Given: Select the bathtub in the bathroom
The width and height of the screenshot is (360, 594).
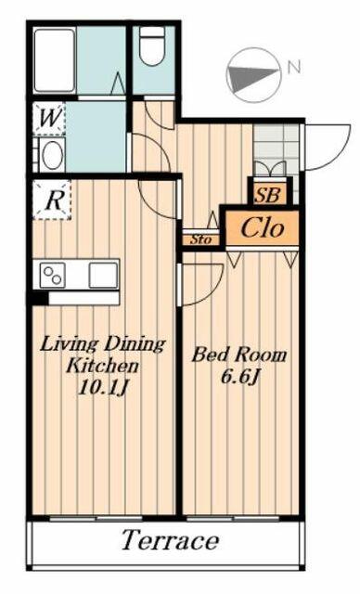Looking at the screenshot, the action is coord(55,59).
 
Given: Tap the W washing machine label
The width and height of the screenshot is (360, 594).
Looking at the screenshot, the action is coord(50,118).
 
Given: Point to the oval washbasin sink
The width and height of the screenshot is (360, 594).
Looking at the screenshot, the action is coord(53,155).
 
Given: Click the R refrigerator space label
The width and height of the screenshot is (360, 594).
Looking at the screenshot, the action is coord(53,200).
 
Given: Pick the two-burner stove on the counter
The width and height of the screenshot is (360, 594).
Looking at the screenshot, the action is coord(53,275).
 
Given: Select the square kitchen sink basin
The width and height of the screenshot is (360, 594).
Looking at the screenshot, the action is coord(103,275).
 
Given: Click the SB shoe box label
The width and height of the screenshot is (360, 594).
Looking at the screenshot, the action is coord(268,195).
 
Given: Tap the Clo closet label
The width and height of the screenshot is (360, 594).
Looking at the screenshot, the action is coord(263,227).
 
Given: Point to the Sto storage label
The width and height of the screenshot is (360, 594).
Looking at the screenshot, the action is coord(199,239).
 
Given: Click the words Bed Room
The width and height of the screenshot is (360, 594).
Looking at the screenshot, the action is coord(238,355).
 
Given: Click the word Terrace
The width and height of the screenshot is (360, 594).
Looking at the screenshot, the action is coord(170,539).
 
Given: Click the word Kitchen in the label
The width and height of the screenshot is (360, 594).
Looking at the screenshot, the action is coord(103,366).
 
